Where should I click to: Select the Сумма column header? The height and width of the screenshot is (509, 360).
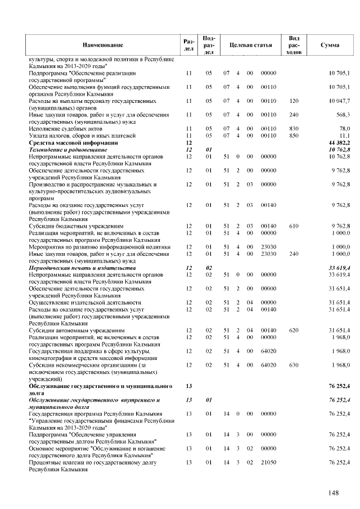(x=329, y=44)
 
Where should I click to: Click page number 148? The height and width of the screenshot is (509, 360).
(x=334, y=493)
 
